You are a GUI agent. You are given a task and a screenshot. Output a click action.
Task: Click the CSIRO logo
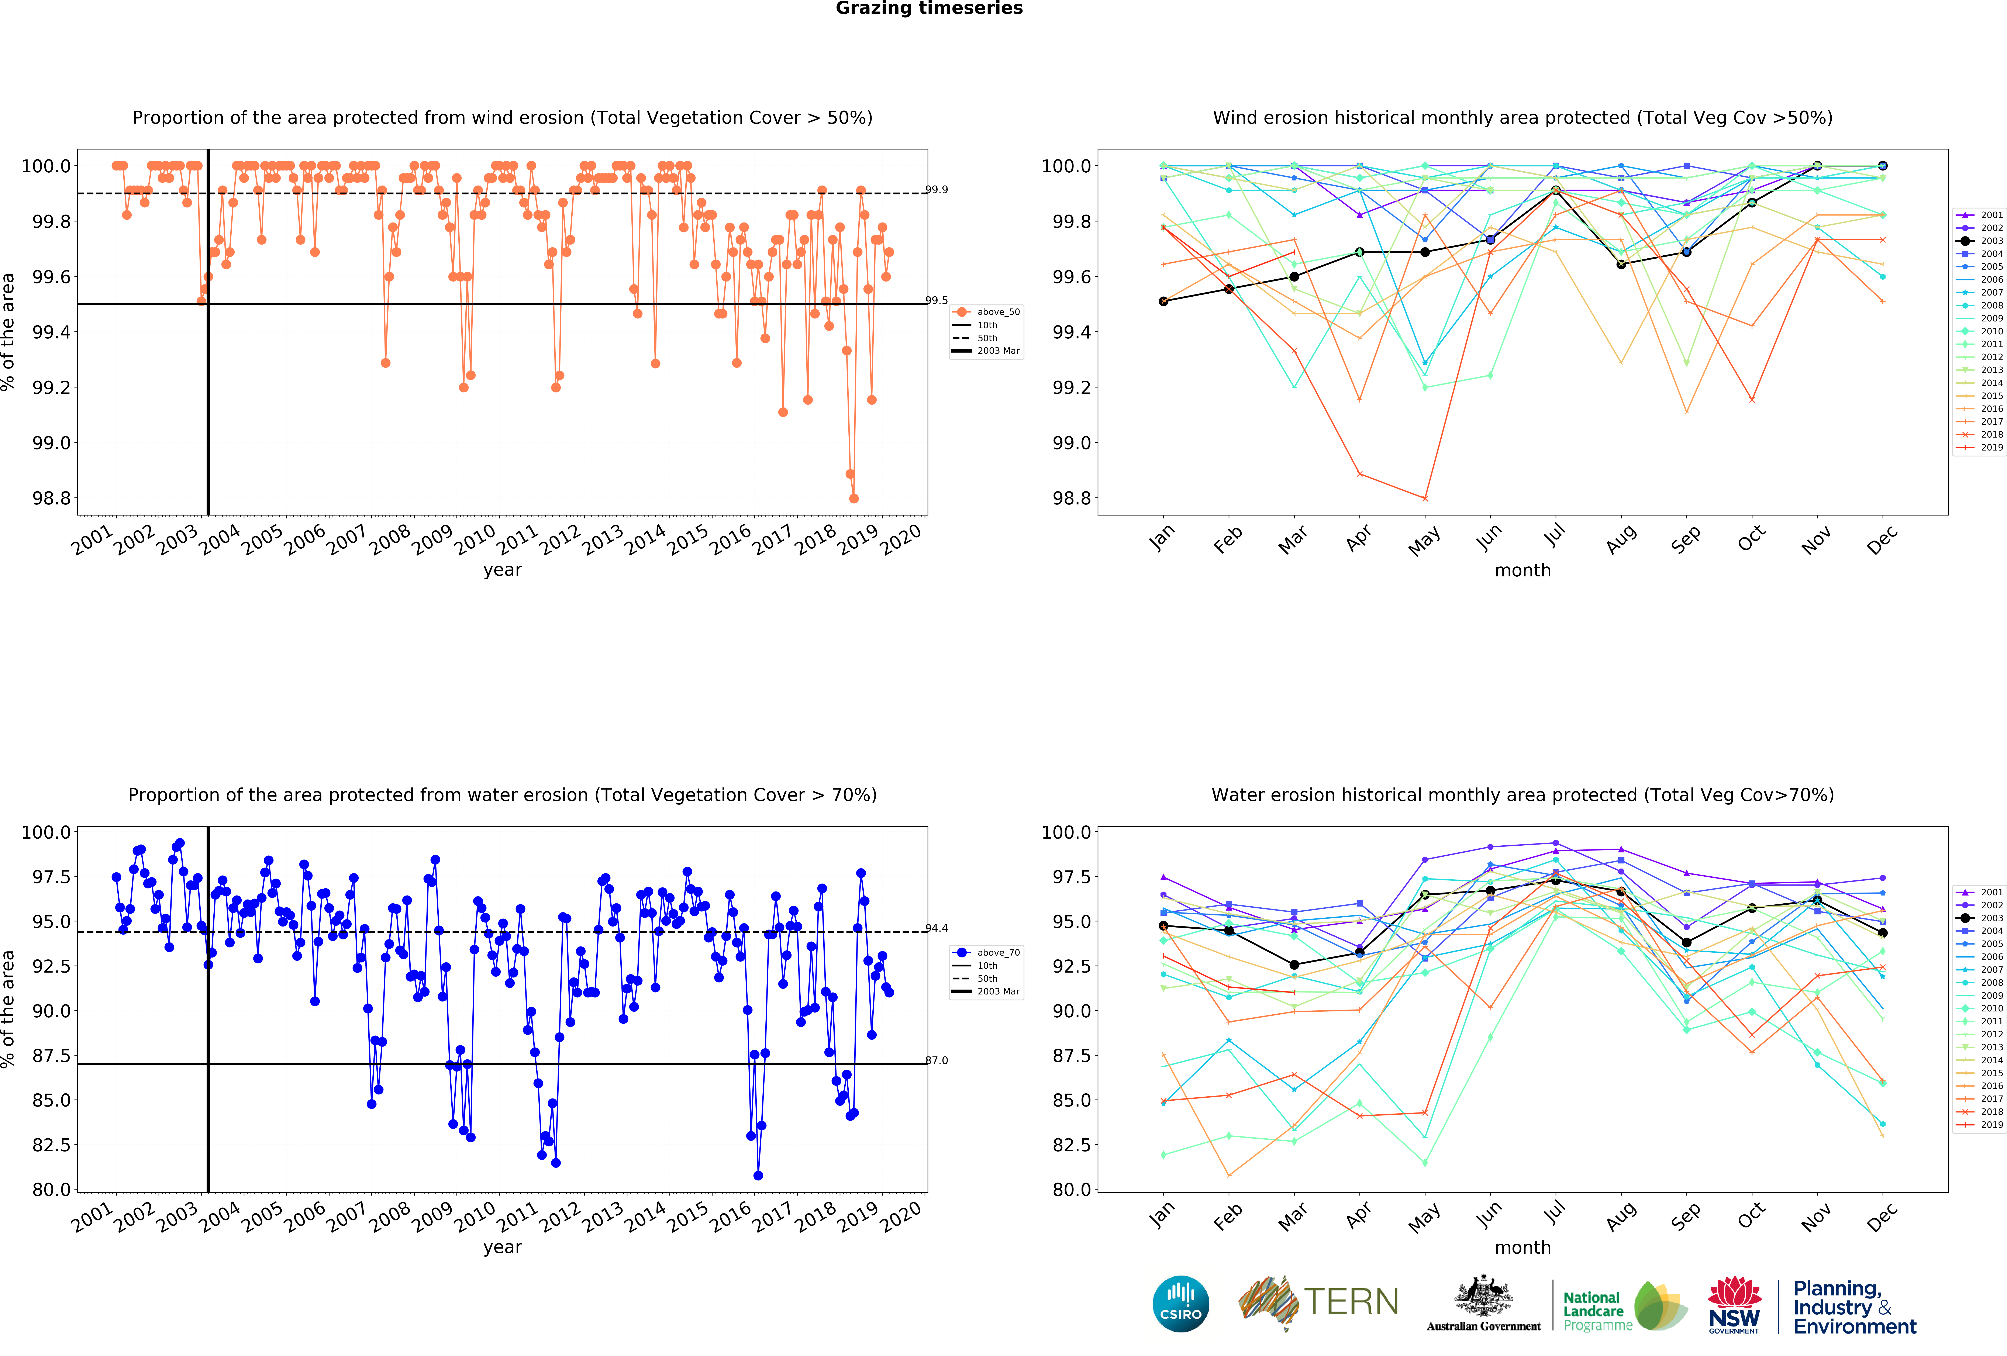(1180, 1303)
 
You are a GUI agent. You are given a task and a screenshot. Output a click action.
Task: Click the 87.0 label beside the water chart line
(936, 1061)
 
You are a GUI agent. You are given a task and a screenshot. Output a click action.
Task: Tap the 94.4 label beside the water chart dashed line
(936, 928)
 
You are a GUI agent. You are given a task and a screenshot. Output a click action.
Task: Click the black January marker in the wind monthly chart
(1163, 301)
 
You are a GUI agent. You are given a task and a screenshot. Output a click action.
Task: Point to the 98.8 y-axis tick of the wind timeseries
(52, 498)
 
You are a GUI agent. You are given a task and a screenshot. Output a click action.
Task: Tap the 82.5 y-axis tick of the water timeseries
(52, 1145)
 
